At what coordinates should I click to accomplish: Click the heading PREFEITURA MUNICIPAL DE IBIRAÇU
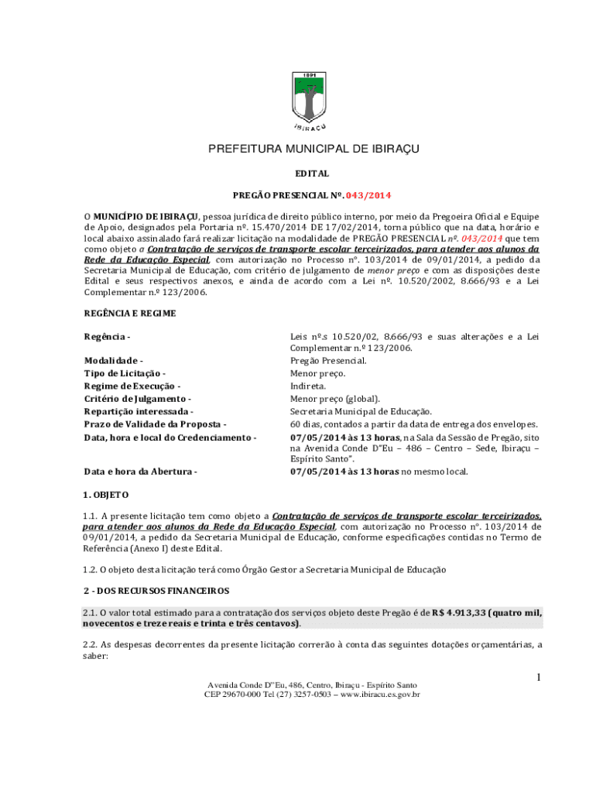[313, 149]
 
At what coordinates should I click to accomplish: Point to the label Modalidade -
[113, 361]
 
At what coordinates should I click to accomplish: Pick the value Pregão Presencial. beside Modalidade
[328, 361]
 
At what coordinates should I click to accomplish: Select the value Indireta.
[308, 386]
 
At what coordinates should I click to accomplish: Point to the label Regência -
[107, 336]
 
